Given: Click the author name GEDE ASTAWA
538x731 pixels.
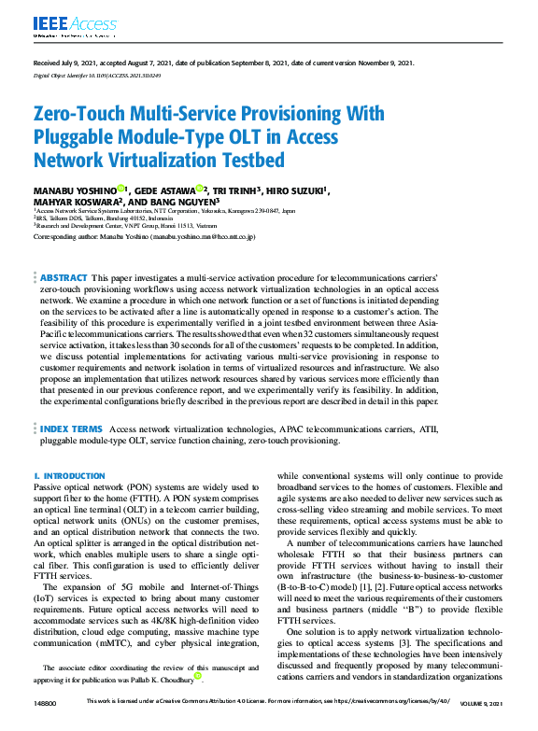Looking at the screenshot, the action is (x=173, y=190).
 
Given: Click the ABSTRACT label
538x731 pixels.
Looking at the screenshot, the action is (x=64, y=278).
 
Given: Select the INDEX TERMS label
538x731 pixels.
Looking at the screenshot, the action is (x=71, y=429).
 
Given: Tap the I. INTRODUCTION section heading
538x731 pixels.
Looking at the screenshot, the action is (x=70, y=475).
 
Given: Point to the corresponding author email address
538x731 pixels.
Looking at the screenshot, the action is (x=202, y=237).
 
